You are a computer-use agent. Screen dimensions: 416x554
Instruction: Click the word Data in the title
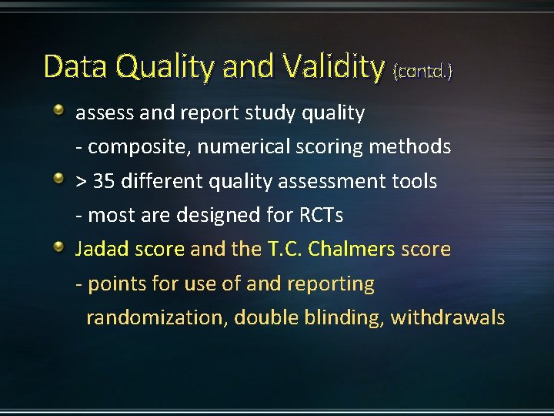tap(75, 67)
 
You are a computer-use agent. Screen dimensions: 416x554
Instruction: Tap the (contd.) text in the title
tap(422, 72)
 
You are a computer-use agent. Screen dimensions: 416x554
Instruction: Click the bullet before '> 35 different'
tap(59, 179)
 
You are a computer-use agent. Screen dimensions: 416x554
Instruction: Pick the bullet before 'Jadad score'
tap(59, 247)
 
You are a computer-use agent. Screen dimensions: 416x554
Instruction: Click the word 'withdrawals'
tap(448, 317)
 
